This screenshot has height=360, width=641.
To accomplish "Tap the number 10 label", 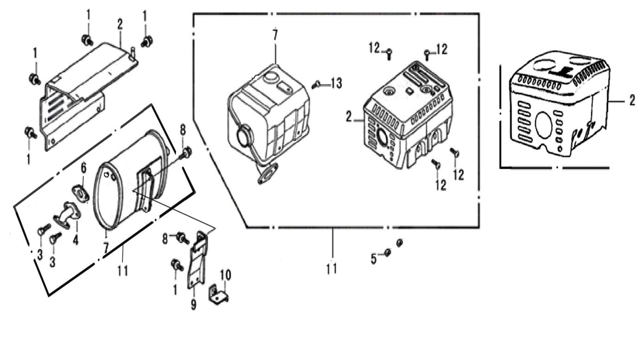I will coord(225,275).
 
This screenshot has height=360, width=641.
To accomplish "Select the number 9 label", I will coord(193,305).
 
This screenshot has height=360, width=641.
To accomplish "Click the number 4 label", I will coord(75,240).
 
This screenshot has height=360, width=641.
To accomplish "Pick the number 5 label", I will coord(374,258).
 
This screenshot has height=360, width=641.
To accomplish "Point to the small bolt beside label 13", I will coord(316,85).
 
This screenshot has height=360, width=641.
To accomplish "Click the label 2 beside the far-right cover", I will coord(632,101).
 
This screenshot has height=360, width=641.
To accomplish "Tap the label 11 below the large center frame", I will coord(331,269).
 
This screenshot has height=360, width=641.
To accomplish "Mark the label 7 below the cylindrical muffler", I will coord(106,247).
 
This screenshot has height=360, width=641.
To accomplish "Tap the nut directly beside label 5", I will coord(388,252).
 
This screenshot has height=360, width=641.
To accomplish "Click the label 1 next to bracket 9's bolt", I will coord(175,290).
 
